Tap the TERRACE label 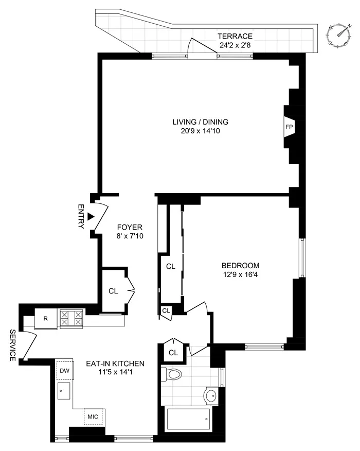coord(235,36)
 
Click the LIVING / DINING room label coord(200,122)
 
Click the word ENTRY coord(80,217)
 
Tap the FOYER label coord(129,227)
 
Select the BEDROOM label coord(240,265)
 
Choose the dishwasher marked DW coord(65,370)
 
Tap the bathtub coord(188,420)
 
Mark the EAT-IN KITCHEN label coord(115,363)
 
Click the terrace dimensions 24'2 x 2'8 coord(235,45)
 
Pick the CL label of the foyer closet coord(113,290)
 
